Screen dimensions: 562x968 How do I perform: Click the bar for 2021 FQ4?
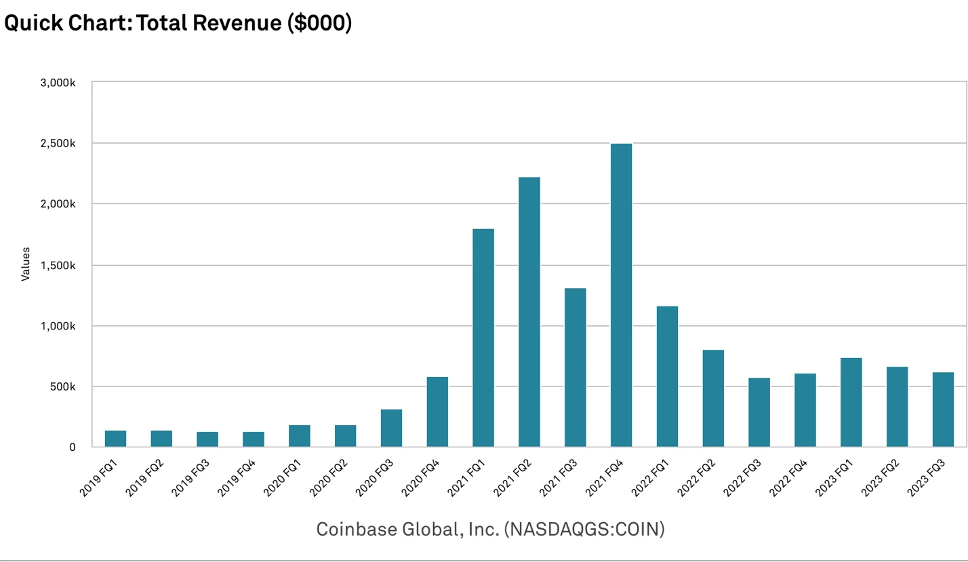621,296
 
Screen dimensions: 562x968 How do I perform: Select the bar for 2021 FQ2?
529,312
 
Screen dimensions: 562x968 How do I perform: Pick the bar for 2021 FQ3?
575,367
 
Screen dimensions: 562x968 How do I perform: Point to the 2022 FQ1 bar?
667,376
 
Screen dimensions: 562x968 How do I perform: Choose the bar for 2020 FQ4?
437,412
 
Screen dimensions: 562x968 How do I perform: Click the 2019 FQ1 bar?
115,439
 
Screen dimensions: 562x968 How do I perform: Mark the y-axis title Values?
26,264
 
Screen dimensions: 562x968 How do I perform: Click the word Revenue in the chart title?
229,22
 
